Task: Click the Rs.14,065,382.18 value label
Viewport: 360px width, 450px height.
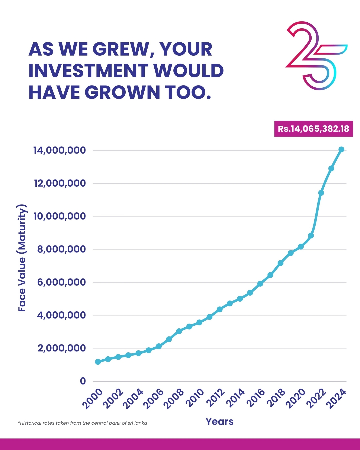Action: [x=313, y=129]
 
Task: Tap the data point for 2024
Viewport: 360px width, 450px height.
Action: [x=341, y=149]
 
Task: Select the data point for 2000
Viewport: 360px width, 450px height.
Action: [x=98, y=362]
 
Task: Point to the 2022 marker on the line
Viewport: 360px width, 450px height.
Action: [x=321, y=193]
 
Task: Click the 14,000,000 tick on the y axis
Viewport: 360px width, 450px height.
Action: [x=60, y=150]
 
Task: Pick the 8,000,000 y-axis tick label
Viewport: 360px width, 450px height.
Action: [x=61, y=249]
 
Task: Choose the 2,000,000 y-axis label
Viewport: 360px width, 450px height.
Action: [x=62, y=348]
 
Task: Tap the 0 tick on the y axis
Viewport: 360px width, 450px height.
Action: [x=83, y=381]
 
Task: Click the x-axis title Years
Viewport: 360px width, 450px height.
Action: [x=219, y=422]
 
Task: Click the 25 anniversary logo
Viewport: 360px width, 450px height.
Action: [x=315, y=56]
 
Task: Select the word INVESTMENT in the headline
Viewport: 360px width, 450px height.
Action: [x=88, y=71]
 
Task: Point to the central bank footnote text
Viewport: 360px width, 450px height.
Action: [x=82, y=423]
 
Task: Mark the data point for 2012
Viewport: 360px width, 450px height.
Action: [x=219, y=309]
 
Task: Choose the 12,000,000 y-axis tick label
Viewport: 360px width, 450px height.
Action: [x=60, y=183]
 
